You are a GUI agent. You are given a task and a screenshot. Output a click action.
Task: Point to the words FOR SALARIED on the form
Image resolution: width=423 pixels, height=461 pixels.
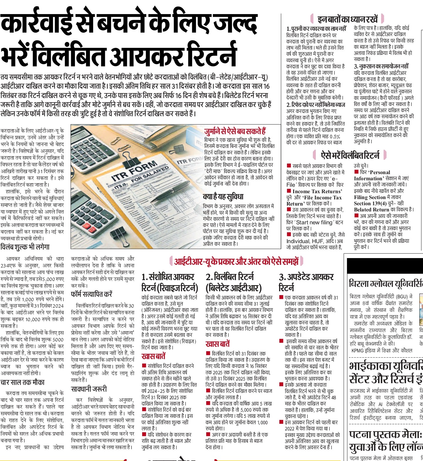pyautogui.click(x=150, y=174)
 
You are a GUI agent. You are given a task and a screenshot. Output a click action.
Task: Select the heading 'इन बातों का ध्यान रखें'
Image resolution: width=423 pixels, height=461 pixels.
pyautogui.click(x=347, y=19)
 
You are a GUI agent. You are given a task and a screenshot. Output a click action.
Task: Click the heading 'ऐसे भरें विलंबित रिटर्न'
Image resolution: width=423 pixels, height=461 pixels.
pyautogui.click(x=350, y=155)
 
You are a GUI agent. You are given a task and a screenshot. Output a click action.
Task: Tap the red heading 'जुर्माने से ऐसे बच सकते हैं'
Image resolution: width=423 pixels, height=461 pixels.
pyautogui.click(x=235, y=131)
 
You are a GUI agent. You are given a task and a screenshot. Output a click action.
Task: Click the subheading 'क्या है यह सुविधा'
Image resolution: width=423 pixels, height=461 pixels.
pyautogui.click(x=223, y=197)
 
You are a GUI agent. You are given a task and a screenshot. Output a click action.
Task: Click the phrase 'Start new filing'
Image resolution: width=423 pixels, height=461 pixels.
pyautogui.click(x=315, y=222)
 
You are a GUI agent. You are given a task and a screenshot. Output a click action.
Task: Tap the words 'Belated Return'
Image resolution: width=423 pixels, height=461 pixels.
pyautogui.click(x=371, y=210)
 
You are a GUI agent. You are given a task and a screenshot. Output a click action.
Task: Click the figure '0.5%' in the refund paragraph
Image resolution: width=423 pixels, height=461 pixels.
pyautogui.click(x=335, y=136)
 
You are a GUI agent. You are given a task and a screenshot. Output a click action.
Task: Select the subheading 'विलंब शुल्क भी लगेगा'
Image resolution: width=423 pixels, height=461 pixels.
pyautogui.click(x=25, y=247)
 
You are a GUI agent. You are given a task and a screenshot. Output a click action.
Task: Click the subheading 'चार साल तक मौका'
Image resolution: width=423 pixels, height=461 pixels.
pyautogui.click(x=22, y=382)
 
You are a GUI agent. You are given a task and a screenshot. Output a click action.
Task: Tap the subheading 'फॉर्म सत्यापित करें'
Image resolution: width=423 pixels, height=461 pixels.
pyautogui.click(x=91, y=294)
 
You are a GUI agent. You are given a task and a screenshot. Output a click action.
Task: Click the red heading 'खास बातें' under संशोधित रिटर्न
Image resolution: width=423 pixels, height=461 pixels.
pyautogui.click(x=153, y=356)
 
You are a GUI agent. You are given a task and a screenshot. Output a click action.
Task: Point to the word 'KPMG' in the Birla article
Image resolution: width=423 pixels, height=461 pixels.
pyautogui.click(x=359, y=350)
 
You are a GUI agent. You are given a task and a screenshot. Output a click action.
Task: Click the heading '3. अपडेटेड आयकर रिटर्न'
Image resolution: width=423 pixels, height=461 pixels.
pyautogui.click(x=306, y=282)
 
